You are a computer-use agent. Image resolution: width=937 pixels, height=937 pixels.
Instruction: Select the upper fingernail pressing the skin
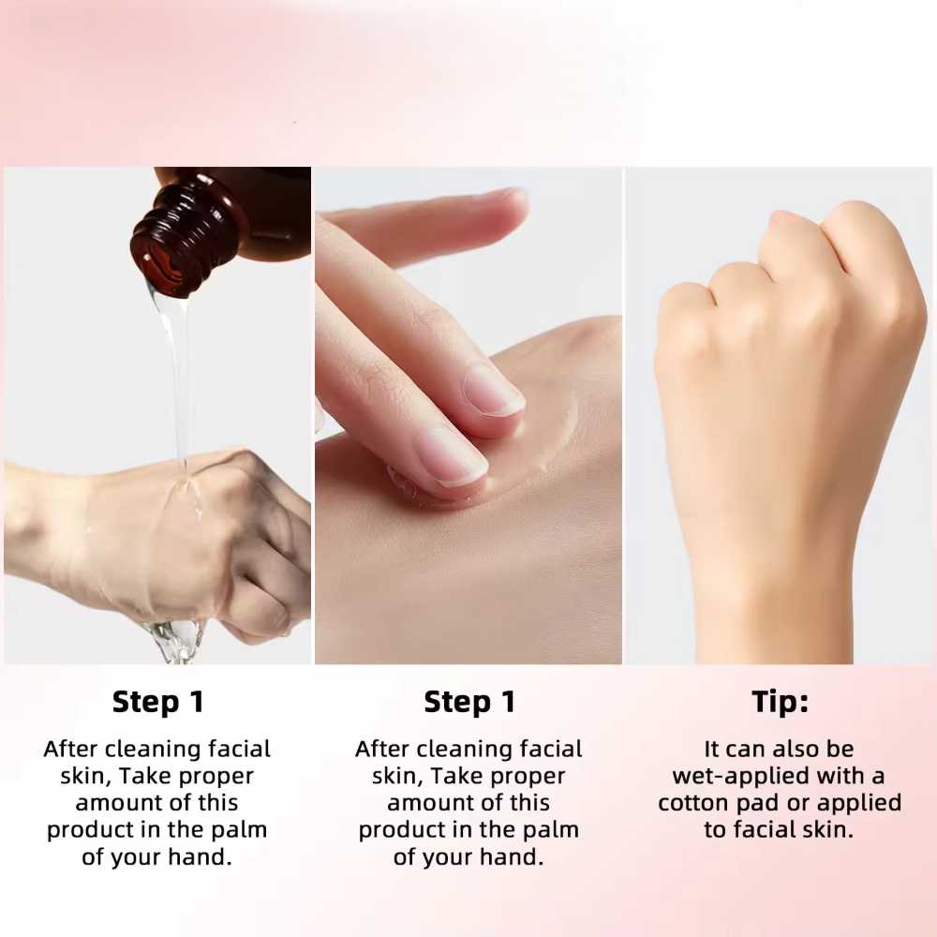493,390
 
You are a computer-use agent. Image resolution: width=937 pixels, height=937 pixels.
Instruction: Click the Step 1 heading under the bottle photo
157,702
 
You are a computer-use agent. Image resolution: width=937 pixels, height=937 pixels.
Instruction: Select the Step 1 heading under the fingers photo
469,702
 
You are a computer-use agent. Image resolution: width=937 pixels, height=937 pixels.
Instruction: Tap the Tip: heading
780,701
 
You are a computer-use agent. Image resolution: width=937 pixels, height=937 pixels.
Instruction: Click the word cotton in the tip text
693,803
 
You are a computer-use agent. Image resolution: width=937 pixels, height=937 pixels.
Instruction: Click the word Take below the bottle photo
145,776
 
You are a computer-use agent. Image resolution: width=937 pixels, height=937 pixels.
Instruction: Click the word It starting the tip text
712,749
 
